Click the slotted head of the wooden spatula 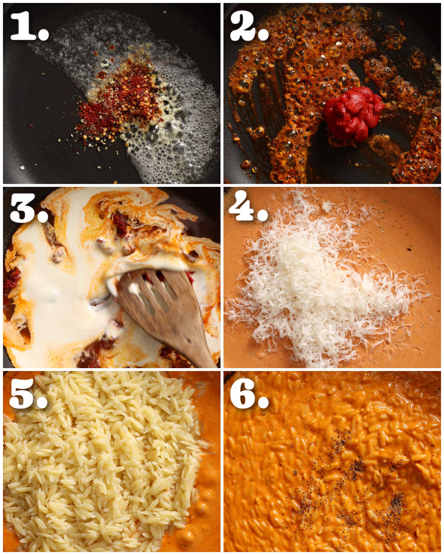[x=152, y=292]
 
